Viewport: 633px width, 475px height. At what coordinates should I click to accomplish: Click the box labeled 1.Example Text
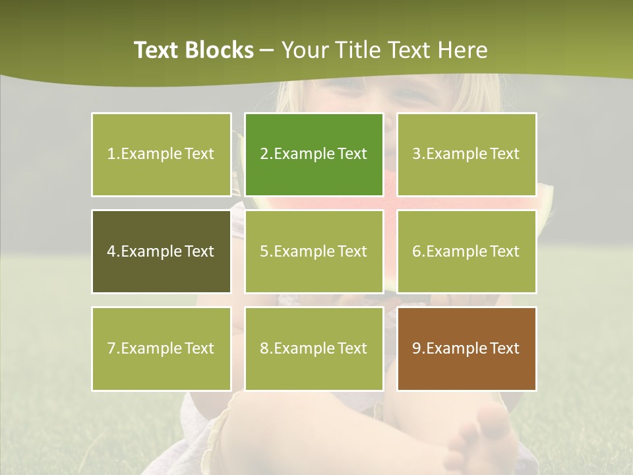[x=161, y=154]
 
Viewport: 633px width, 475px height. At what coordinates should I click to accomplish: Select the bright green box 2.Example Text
[x=314, y=154]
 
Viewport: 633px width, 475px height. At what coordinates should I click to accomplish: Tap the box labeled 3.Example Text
[x=466, y=154]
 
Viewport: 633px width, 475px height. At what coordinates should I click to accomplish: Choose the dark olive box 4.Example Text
[x=161, y=251]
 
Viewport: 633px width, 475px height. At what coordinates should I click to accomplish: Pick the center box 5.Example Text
[x=314, y=251]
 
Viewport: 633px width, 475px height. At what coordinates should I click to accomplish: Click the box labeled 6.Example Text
[x=466, y=251]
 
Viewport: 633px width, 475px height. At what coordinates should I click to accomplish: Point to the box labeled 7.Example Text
[x=161, y=348]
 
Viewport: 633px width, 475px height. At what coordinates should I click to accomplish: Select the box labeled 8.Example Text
[x=314, y=348]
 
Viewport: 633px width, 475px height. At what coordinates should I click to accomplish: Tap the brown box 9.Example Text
[x=466, y=348]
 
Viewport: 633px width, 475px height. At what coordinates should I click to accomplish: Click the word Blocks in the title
[x=218, y=50]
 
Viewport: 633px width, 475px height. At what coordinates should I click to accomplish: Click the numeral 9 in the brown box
[x=417, y=348]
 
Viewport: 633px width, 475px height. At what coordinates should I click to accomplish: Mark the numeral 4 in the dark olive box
[x=111, y=251]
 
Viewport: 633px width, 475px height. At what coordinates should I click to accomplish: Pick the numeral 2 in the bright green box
[x=264, y=154]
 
